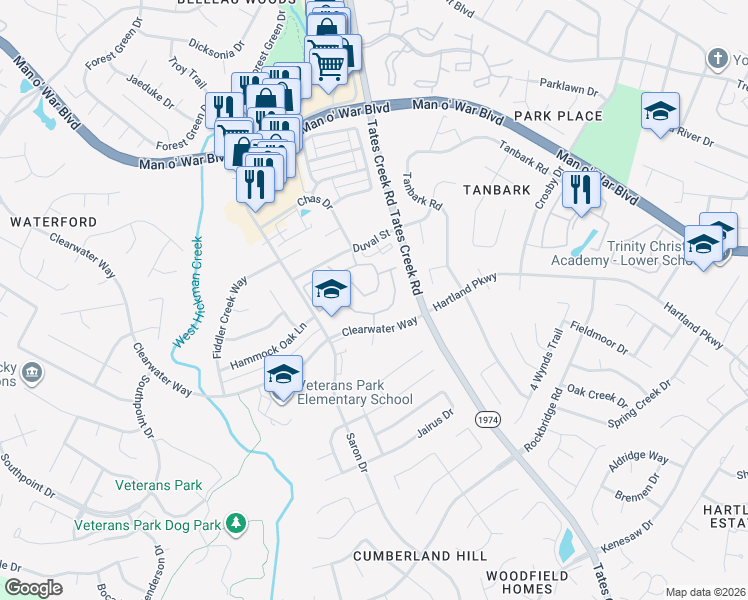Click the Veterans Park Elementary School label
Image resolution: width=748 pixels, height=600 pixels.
pyautogui.click(x=354, y=393)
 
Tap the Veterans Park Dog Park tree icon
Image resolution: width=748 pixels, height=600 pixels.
pyautogui.click(x=236, y=522)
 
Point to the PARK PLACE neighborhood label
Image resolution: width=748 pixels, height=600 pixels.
pyautogui.click(x=560, y=116)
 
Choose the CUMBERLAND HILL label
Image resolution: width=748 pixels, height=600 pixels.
pyautogui.click(x=421, y=556)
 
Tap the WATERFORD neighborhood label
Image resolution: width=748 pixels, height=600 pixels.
pyautogui.click(x=54, y=221)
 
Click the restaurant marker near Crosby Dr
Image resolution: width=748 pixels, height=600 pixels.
pyautogui.click(x=580, y=189)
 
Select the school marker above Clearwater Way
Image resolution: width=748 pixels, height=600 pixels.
pyautogui.click(x=331, y=291)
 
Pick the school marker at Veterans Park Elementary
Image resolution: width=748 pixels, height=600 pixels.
pyautogui.click(x=283, y=376)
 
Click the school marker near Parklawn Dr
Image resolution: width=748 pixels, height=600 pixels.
pyautogui.click(x=660, y=112)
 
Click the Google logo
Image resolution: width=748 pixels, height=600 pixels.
pyautogui.click(x=34, y=587)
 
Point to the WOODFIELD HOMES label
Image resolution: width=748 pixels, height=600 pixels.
pyautogui.click(x=527, y=582)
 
